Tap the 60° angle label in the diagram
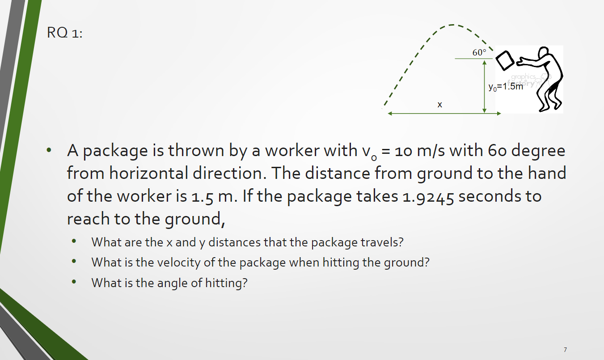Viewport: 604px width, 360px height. click(479, 52)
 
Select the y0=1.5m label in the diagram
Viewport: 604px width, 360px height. click(505, 87)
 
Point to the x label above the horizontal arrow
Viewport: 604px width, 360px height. click(440, 105)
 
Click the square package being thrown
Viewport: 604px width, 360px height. click(505, 60)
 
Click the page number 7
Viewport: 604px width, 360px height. click(565, 349)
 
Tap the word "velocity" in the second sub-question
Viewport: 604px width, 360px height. click(178, 262)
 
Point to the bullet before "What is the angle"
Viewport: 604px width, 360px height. click(74, 283)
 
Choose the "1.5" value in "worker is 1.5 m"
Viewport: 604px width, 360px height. click(207, 196)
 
